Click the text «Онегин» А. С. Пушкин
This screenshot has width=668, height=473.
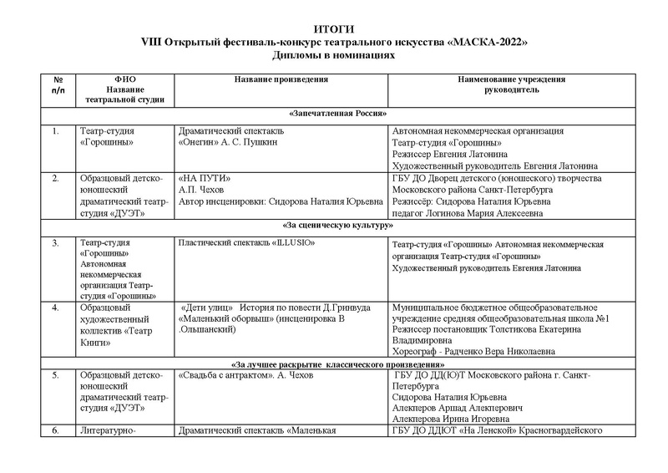(228, 142)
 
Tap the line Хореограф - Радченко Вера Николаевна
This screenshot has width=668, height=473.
(473, 353)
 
